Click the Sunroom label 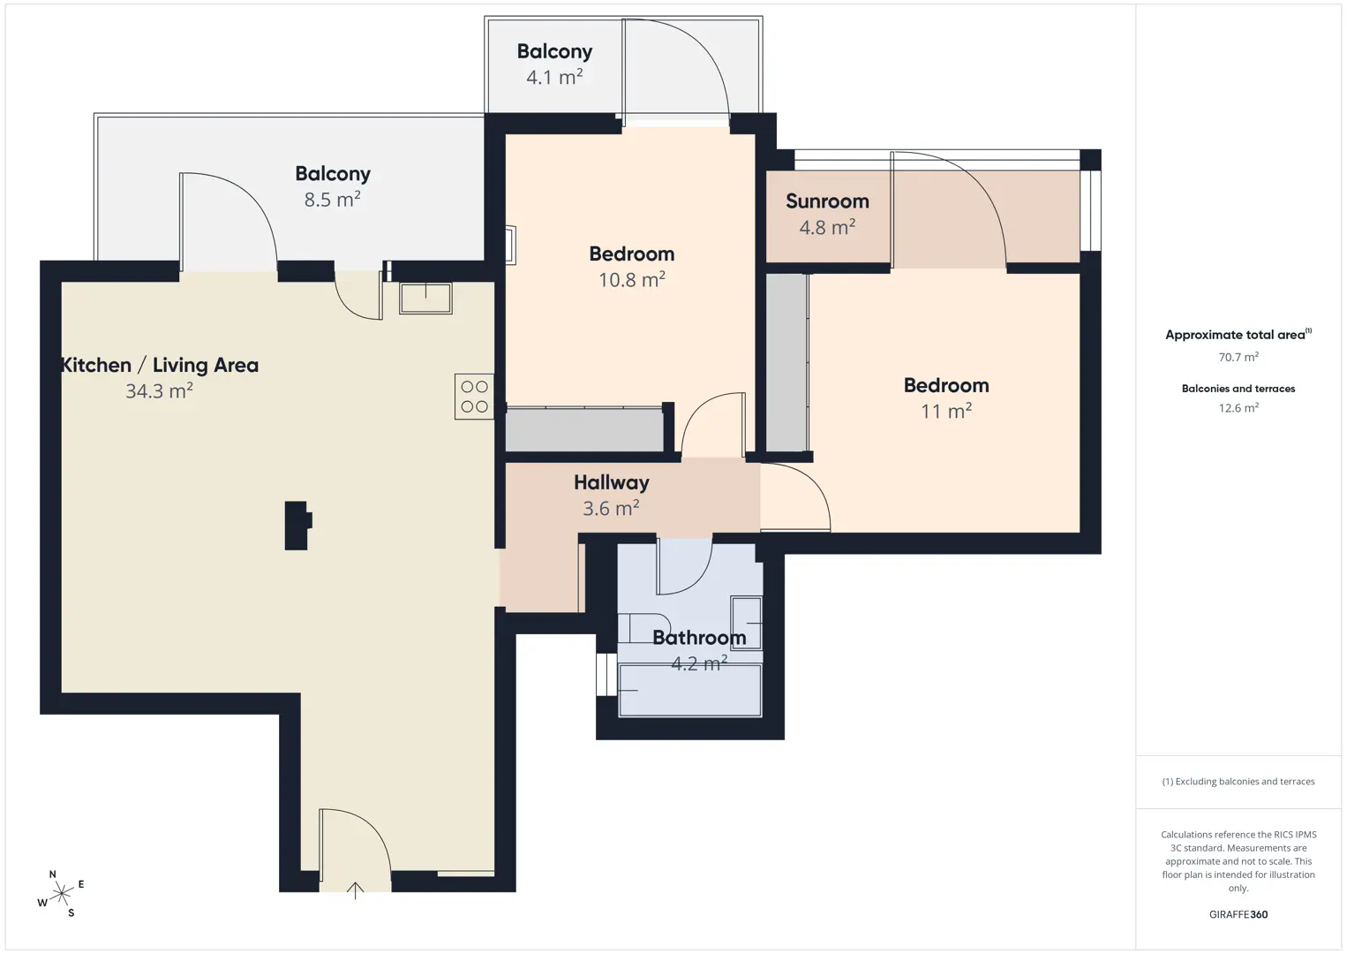pos(827,201)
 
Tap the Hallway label pos(611,482)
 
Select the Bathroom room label pos(699,638)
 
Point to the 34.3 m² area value pos(159,391)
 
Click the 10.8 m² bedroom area pos(631,280)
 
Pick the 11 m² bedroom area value pos(946,411)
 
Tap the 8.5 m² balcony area pos(332,200)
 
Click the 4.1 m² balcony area pos(553,77)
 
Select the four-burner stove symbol pos(474,397)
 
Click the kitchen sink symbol pos(425,298)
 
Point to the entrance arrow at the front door pos(355,890)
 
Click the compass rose pos(61,894)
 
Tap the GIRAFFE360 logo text pos(1238,914)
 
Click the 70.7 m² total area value pos(1238,357)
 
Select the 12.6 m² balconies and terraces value pos(1238,408)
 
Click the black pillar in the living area pos(297,526)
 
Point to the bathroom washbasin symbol pos(746,623)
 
